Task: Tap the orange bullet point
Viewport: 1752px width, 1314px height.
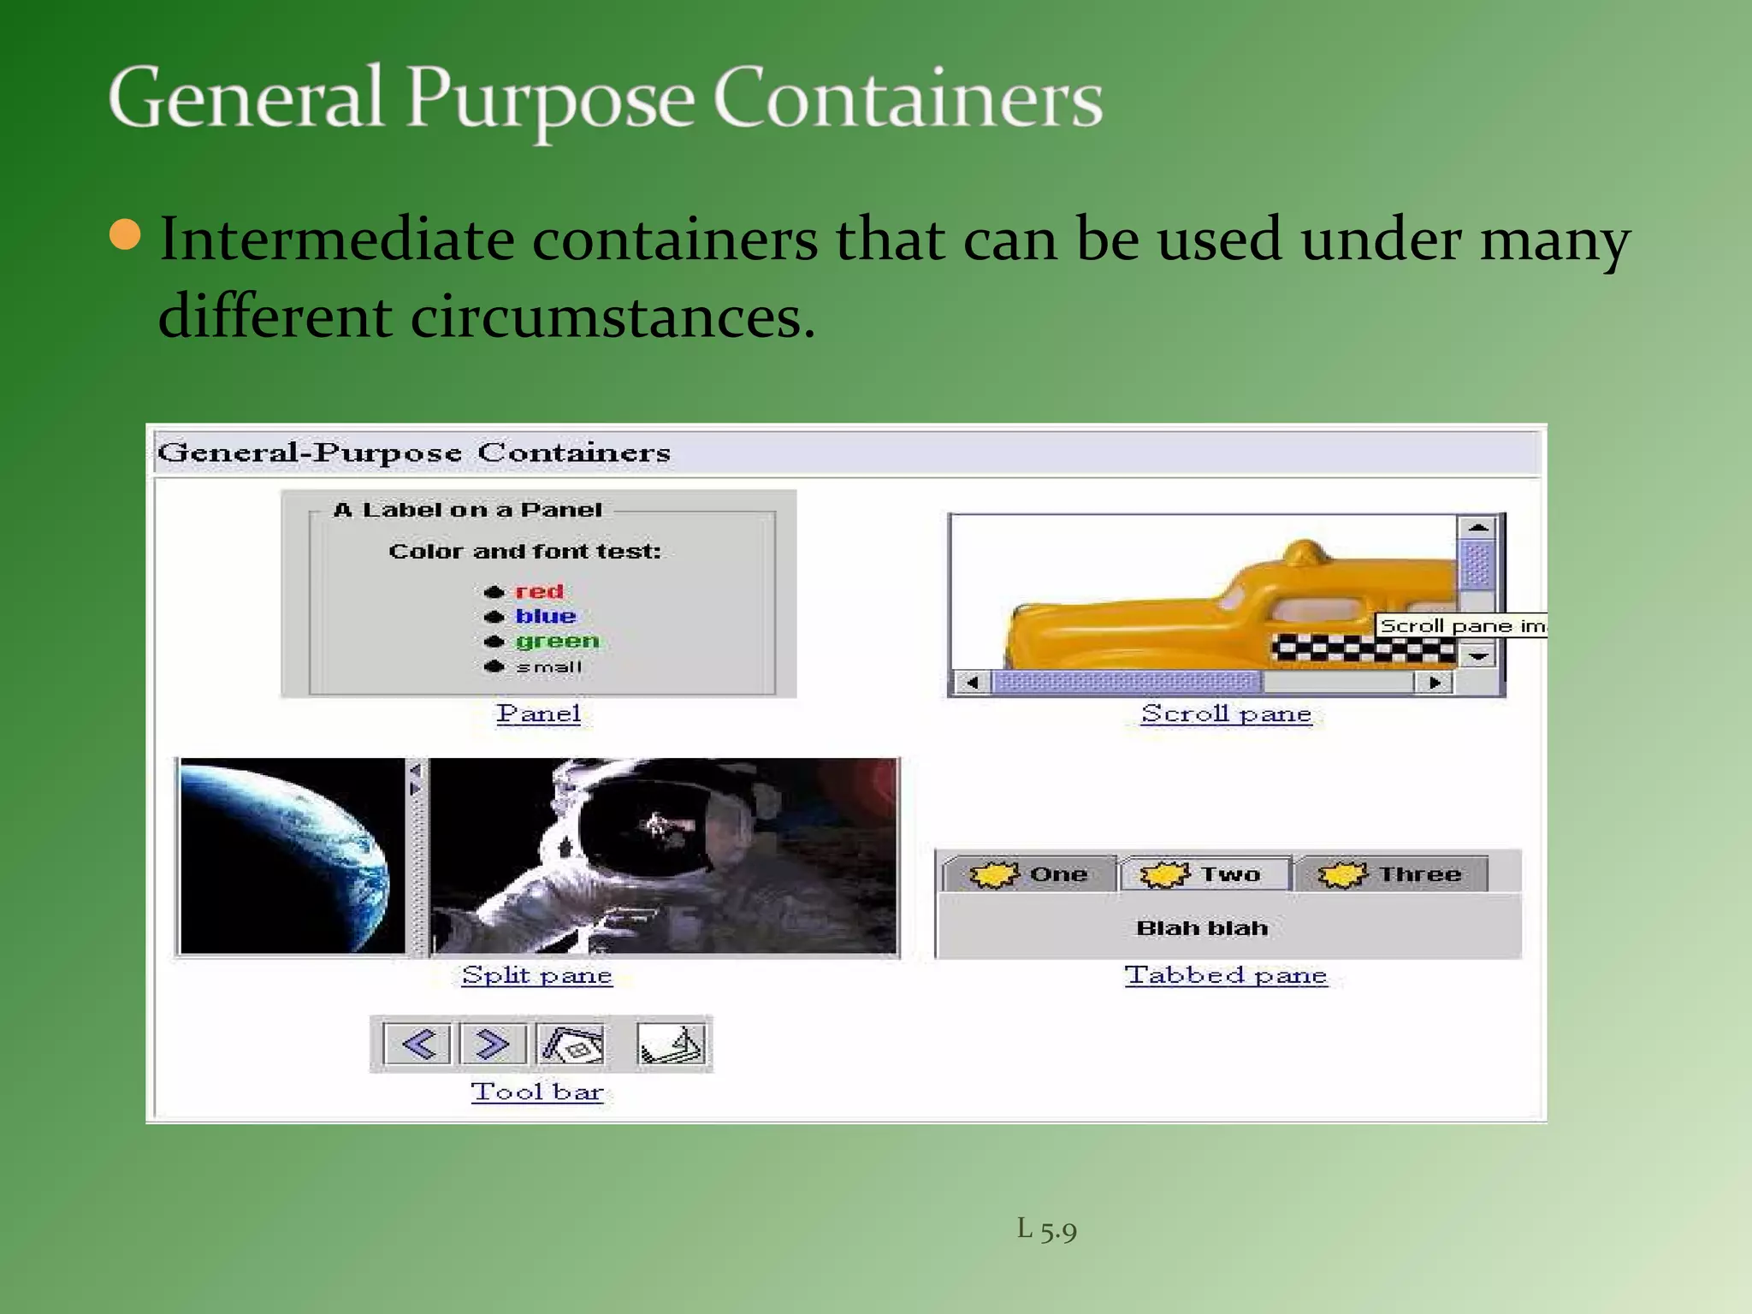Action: coord(126,235)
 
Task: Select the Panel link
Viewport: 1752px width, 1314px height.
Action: coord(538,713)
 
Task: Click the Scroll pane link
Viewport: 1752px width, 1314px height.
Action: coord(1226,713)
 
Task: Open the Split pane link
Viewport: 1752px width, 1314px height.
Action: coord(536,975)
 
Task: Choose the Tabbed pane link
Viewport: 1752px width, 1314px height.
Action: coord(1226,975)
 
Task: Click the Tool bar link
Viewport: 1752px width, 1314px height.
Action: coord(537,1092)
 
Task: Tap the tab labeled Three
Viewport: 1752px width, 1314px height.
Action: coord(1391,874)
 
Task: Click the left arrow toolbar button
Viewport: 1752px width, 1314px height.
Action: coord(417,1044)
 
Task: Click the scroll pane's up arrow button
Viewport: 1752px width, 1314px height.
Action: coord(1477,527)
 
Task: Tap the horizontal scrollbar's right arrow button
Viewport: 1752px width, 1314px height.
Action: coord(1435,682)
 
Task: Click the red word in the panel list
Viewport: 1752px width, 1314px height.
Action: coord(539,591)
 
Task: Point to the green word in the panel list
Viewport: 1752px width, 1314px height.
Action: coord(557,641)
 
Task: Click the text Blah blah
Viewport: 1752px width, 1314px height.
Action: coord(1202,928)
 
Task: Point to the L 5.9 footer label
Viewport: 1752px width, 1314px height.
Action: coord(1046,1229)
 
